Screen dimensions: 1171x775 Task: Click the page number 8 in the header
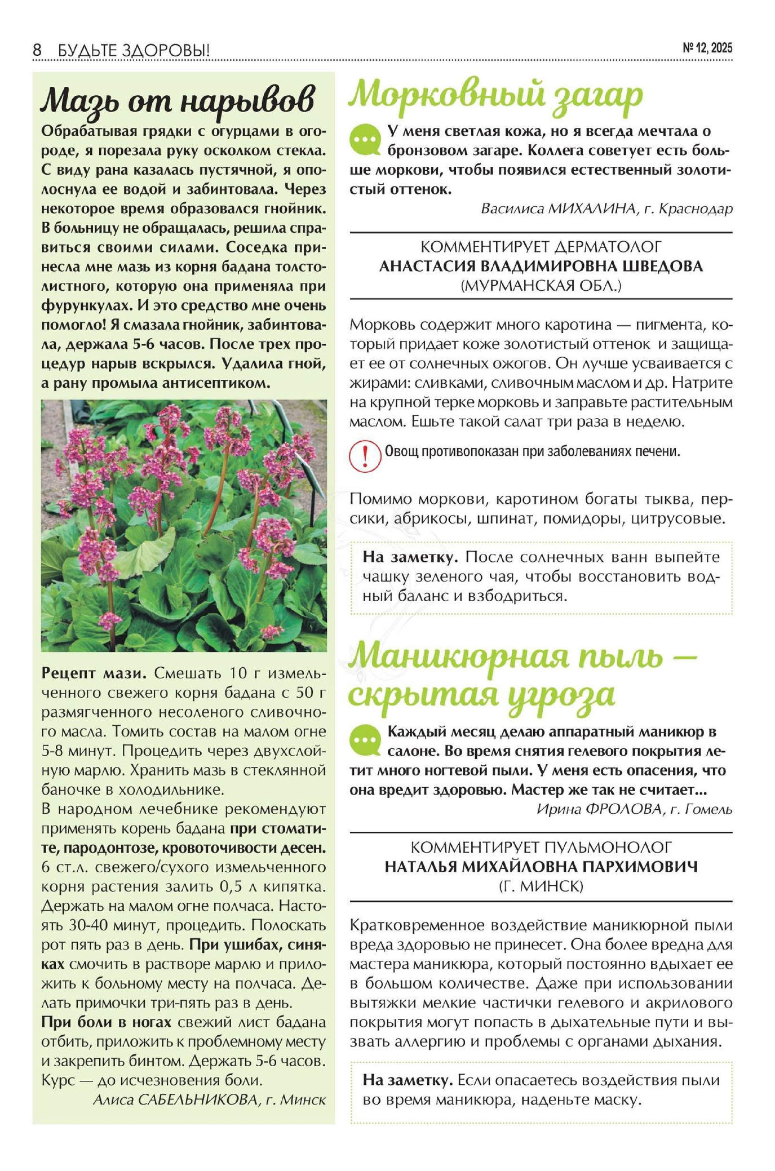37,50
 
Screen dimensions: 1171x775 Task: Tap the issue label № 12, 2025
707,48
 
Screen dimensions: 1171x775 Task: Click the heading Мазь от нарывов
178,101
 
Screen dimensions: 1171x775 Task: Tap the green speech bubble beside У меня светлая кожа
365,140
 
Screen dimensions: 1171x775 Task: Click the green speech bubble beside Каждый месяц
365,740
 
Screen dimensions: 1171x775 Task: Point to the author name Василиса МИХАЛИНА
558,209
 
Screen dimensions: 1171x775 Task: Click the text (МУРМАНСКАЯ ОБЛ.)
541,286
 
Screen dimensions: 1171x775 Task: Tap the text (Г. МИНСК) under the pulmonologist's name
541,886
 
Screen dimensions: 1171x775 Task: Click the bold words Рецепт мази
94,673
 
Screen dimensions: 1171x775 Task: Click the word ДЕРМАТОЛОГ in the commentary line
608,247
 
